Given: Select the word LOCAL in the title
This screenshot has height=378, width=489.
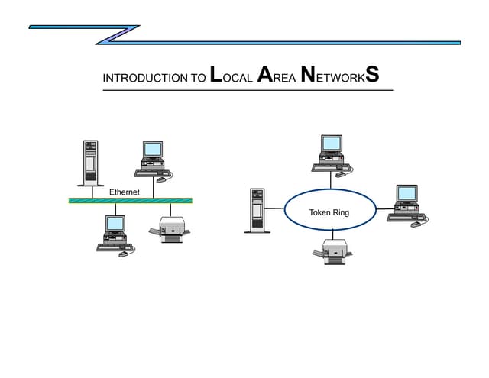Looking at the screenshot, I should (x=232, y=76).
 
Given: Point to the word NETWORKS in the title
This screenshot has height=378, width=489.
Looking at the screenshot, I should (x=339, y=76).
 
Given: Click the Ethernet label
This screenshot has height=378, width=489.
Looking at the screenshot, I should (x=125, y=192).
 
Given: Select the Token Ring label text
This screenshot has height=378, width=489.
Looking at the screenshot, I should (x=329, y=212).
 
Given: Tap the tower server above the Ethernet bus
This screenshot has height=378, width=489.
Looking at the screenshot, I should (x=91, y=162).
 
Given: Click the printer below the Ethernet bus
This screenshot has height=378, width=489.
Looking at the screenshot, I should (x=173, y=229).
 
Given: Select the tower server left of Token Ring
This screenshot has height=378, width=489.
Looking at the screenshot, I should (x=257, y=210).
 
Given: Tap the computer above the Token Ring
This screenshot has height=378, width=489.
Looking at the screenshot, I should (x=332, y=153).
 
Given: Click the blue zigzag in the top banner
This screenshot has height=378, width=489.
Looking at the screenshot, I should (x=118, y=34).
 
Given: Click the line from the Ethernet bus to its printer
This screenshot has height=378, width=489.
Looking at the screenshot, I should (x=171, y=210).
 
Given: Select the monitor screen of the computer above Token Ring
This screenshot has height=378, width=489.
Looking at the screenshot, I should (x=332, y=144).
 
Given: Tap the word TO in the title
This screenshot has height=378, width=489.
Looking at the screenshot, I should (x=196, y=79).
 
